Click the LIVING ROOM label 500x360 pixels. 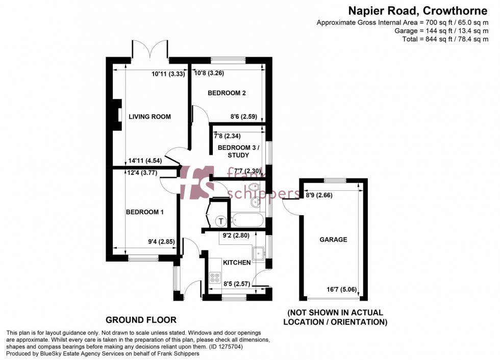[x=149, y=117]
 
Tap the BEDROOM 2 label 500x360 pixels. [x=227, y=93]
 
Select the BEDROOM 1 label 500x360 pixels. [x=144, y=212]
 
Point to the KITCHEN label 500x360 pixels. [x=237, y=263]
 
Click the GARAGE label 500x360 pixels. [x=333, y=239]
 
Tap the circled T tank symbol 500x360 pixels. [x=221, y=221]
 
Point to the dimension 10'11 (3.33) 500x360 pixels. [x=168, y=73]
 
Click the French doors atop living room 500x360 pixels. [x=151, y=50]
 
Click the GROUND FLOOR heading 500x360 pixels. [x=141, y=320]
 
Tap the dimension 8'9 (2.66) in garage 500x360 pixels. [x=319, y=194]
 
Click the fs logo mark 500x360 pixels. [x=196, y=182]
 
